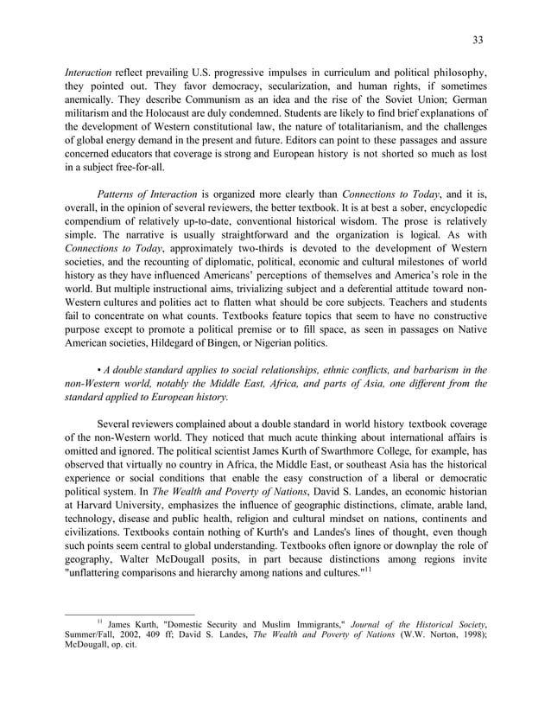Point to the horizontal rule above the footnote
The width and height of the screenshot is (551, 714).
130,615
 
